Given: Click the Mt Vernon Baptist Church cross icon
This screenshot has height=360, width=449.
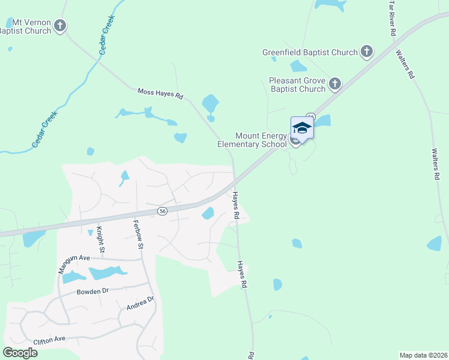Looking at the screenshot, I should click(x=59, y=26).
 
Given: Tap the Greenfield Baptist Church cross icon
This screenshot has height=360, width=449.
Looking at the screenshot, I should click(x=367, y=52).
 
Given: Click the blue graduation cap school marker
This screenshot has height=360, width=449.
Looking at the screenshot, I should click(x=302, y=128).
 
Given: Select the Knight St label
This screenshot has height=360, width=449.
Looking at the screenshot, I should click(x=101, y=237).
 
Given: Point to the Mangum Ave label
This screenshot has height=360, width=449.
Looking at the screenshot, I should click(x=74, y=263).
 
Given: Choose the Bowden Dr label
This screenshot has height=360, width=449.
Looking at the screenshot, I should click(x=92, y=292).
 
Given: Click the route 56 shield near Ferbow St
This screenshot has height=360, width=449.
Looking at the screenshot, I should click(x=162, y=211).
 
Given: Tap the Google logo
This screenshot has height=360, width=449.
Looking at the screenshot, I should click(x=20, y=352).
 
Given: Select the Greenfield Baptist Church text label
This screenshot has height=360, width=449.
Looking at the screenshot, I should click(x=310, y=52).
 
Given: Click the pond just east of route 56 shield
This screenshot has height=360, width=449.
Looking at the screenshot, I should click(x=208, y=213).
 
